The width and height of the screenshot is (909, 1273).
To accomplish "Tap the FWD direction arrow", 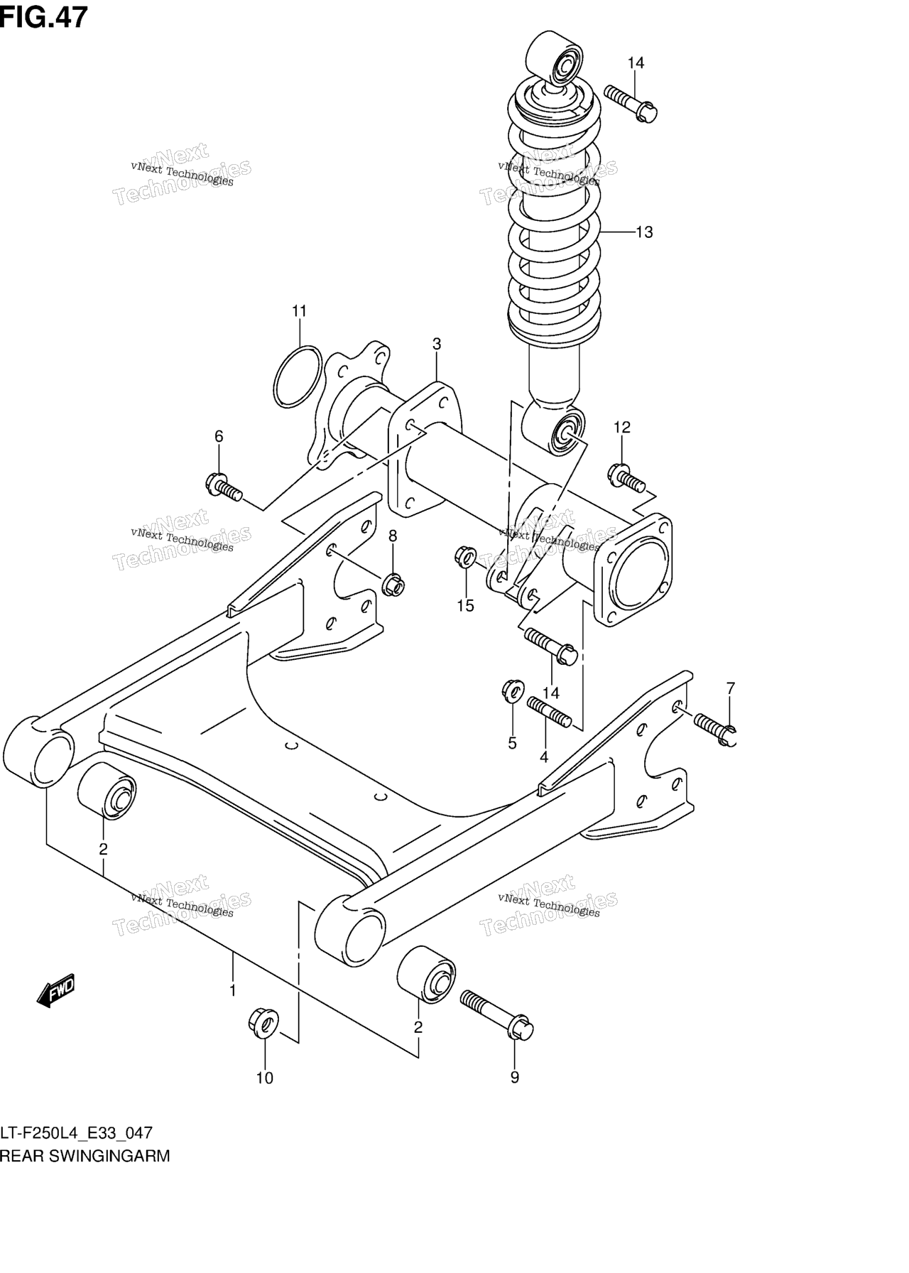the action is click(55, 990).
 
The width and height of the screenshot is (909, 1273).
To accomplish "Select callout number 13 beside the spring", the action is click(643, 232).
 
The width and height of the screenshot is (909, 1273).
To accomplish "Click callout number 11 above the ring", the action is click(299, 310).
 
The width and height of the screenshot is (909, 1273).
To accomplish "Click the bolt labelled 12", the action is click(626, 477).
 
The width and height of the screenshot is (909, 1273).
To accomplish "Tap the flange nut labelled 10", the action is click(263, 1022).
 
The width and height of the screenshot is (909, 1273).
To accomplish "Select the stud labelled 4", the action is click(549, 713).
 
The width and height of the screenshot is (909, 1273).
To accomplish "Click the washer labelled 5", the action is click(513, 690).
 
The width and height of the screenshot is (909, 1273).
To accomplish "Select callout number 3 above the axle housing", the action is click(436, 344).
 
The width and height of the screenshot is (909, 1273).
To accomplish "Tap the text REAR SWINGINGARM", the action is click(85, 1156).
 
